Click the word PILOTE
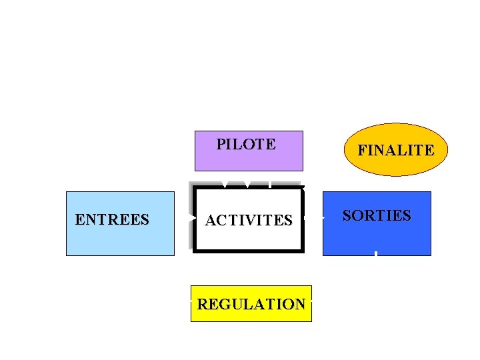(246, 144)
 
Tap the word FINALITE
(395, 151)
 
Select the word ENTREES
(112, 219)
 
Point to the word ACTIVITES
(249, 220)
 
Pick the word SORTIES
(377, 215)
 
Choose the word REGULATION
(251, 304)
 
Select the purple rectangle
(249, 160)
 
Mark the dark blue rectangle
(377, 237)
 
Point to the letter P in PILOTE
(221, 144)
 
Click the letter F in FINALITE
(361, 151)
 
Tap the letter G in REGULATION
(219, 304)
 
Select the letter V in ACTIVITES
(246, 220)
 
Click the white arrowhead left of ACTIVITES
(193, 218)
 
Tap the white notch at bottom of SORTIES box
(377, 253)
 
